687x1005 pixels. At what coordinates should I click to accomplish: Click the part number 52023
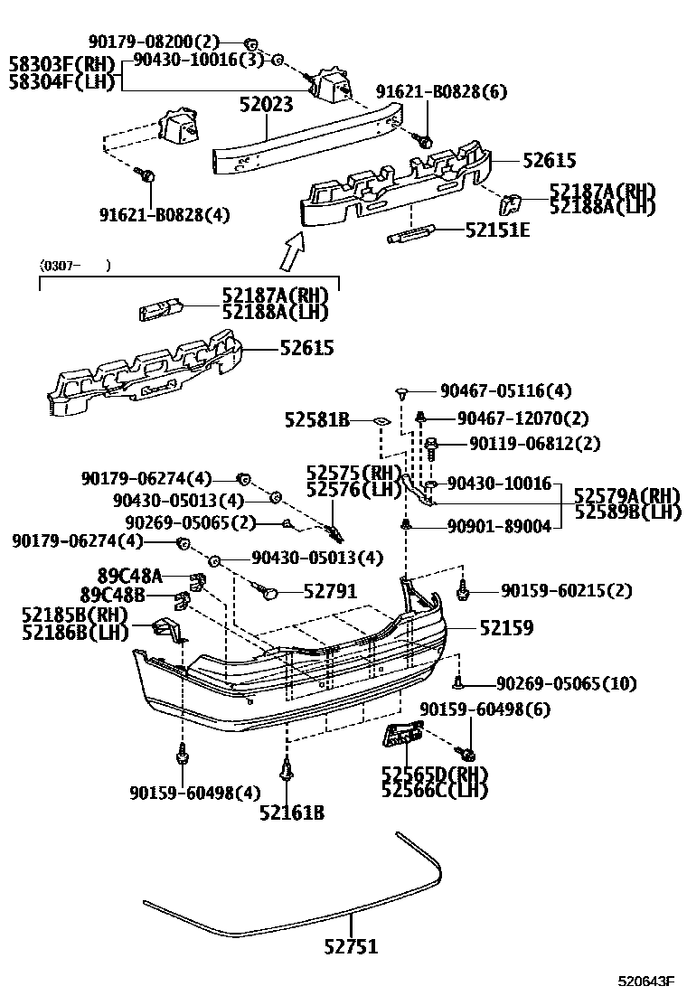(x=266, y=105)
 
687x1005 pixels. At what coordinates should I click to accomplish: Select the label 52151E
(x=497, y=230)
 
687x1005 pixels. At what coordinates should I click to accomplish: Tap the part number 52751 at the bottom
(x=351, y=946)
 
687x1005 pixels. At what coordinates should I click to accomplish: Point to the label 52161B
(x=291, y=812)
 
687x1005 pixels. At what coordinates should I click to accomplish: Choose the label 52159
(x=505, y=626)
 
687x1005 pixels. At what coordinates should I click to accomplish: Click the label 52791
(x=330, y=591)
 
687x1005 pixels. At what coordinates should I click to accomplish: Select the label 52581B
(x=316, y=420)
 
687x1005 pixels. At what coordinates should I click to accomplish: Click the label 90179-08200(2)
(x=154, y=42)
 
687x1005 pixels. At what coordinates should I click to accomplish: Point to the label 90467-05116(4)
(x=505, y=391)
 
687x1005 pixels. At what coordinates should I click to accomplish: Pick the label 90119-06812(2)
(x=522, y=444)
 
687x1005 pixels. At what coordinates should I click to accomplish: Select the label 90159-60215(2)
(x=567, y=591)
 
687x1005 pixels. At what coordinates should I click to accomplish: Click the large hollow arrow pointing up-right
(x=292, y=252)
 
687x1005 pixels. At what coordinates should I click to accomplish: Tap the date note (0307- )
(x=75, y=266)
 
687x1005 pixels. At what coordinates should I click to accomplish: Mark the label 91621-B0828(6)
(x=442, y=91)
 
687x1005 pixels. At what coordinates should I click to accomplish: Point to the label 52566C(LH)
(x=434, y=790)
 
